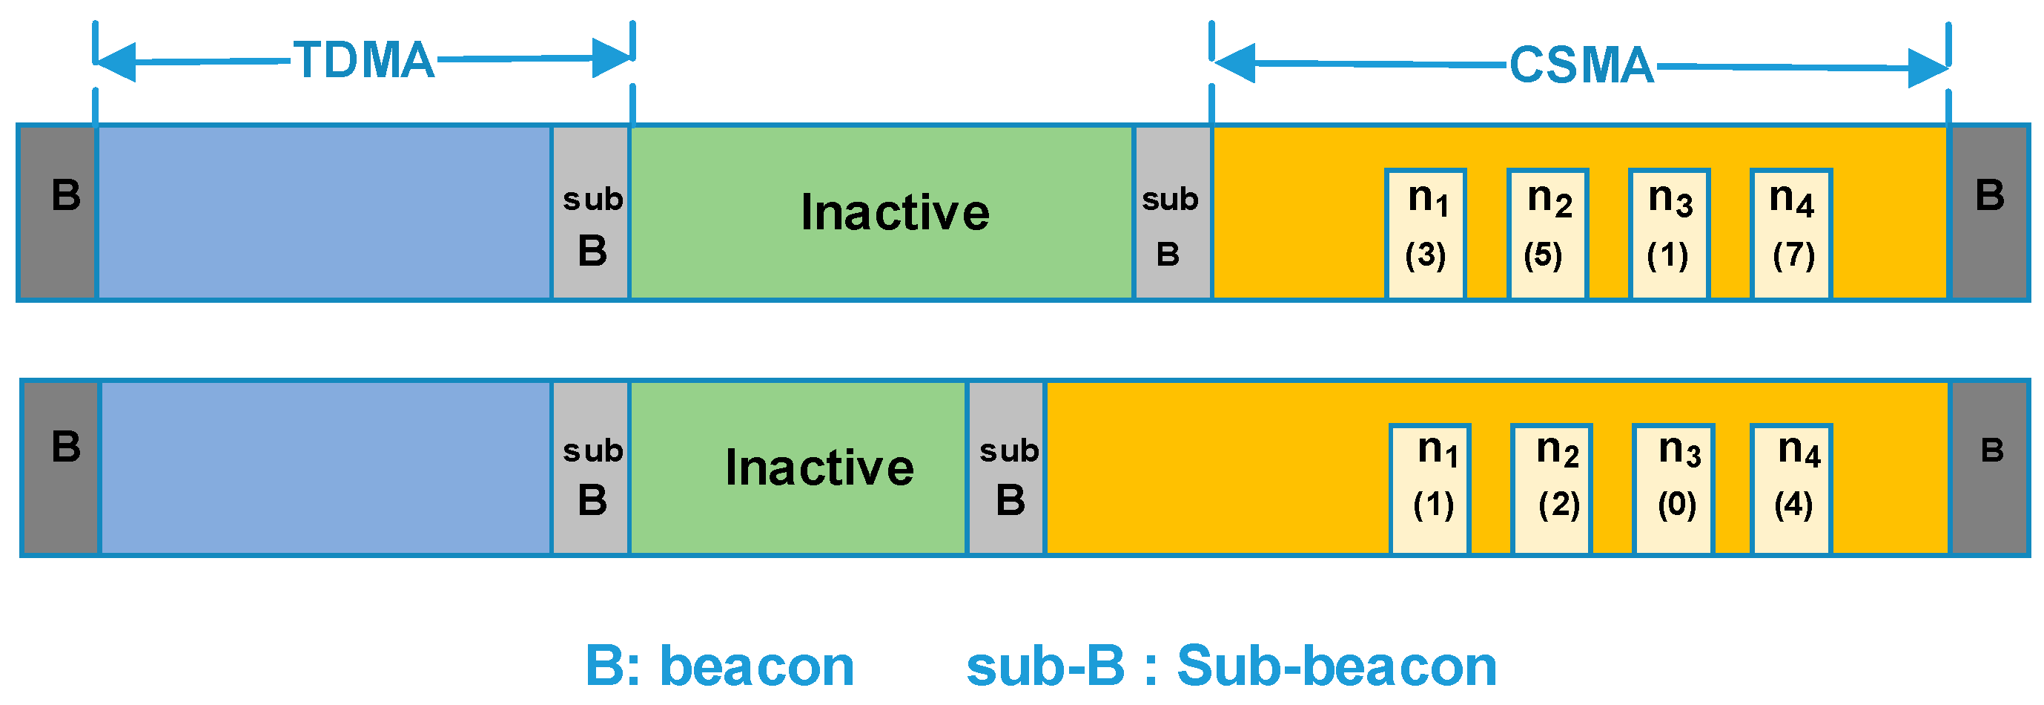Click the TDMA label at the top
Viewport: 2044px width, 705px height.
click(x=364, y=60)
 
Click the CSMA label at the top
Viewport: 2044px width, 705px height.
click(x=1581, y=65)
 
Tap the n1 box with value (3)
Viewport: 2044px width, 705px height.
click(x=1425, y=234)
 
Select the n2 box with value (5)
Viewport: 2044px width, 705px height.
click(x=1547, y=234)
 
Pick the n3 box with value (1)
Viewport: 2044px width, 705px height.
click(x=1668, y=234)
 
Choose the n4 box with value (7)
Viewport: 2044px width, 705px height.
click(x=1791, y=234)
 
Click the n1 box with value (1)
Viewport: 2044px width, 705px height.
click(x=1430, y=488)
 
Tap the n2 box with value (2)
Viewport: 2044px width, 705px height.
click(x=1551, y=488)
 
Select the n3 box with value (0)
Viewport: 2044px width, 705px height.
click(x=1673, y=488)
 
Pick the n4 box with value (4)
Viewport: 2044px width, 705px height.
click(x=1791, y=488)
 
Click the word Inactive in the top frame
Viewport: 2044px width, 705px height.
click(x=894, y=213)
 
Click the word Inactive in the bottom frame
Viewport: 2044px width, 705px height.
click(x=819, y=468)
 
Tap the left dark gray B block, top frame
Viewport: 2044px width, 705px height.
click(x=57, y=213)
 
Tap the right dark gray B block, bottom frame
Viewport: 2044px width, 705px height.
click(x=1988, y=468)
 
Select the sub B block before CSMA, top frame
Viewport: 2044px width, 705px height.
click(x=1172, y=213)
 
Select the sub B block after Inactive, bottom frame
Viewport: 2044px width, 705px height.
click(x=1006, y=468)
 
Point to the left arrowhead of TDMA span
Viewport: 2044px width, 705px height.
click(x=116, y=62)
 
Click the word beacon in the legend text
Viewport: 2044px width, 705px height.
click(x=756, y=666)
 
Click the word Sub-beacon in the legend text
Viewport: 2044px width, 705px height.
click(x=1336, y=666)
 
